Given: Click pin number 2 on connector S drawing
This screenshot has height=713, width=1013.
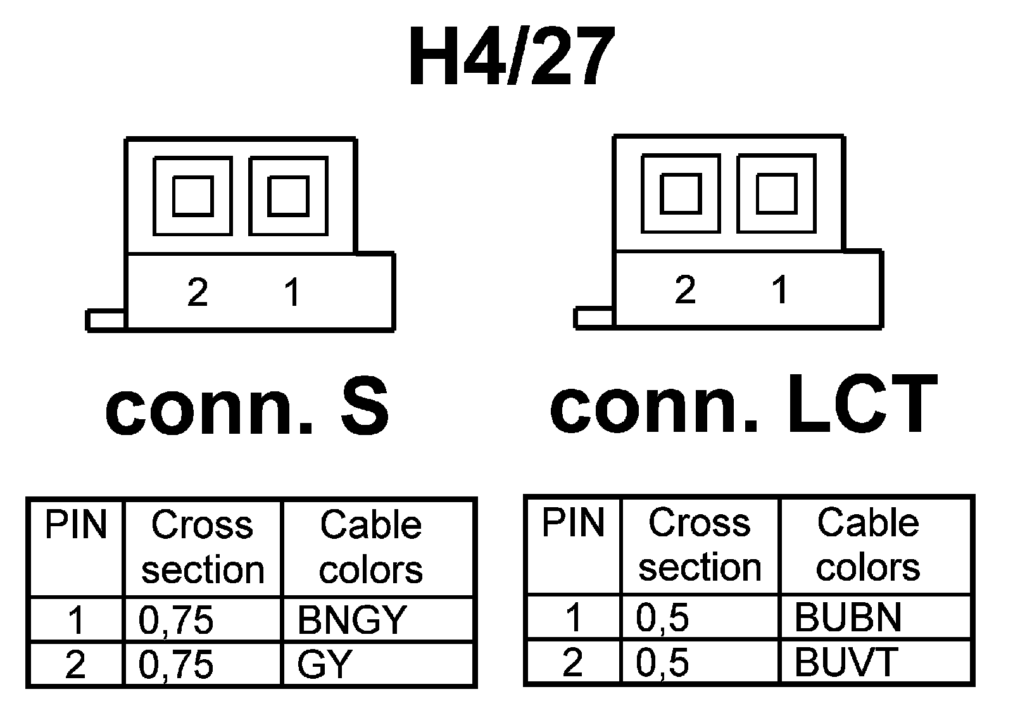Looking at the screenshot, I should click(x=198, y=293).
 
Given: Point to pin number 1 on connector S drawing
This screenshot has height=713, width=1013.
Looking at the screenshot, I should click(x=292, y=293).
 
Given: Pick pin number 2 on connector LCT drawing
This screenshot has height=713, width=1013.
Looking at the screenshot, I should click(x=685, y=290).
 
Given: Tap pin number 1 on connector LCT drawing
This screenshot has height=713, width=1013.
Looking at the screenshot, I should click(x=780, y=290).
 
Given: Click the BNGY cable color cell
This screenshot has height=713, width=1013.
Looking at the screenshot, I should click(x=351, y=620).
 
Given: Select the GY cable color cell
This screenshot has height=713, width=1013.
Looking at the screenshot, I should click(x=324, y=665).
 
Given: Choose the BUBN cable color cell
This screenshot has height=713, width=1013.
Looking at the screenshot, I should click(x=848, y=617).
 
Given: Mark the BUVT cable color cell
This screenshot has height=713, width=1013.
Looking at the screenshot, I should click(x=846, y=662).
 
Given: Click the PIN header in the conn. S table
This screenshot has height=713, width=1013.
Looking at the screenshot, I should click(x=76, y=526).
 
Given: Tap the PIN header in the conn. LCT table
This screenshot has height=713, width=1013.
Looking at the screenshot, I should click(x=573, y=523).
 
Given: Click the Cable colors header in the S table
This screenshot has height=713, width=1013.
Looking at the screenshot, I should click(x=371, y=547).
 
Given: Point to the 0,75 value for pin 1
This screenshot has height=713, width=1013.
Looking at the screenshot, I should click(x=176, y=620).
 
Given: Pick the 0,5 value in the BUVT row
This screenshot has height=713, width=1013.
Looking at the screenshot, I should click(x=662, y=662).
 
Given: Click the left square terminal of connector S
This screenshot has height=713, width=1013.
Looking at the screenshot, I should click(x=193, y=196).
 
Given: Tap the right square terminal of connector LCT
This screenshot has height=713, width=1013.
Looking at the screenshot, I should click(x=777, y=193).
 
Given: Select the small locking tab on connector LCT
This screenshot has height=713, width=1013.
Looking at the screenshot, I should click(x=594, y=318).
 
